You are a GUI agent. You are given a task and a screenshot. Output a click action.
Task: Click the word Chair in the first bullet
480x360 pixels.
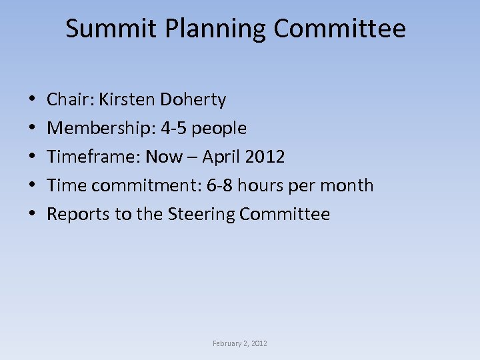[x=70, y=100]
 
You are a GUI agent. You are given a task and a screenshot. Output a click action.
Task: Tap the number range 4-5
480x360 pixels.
[x=174, y=128]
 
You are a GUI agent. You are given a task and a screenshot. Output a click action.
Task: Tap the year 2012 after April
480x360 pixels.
[x=265, y=157]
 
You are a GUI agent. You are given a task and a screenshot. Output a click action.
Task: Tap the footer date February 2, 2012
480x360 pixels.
[x=240, y=343]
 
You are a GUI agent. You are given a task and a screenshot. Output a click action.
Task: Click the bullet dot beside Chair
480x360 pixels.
[x=33, y=101]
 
